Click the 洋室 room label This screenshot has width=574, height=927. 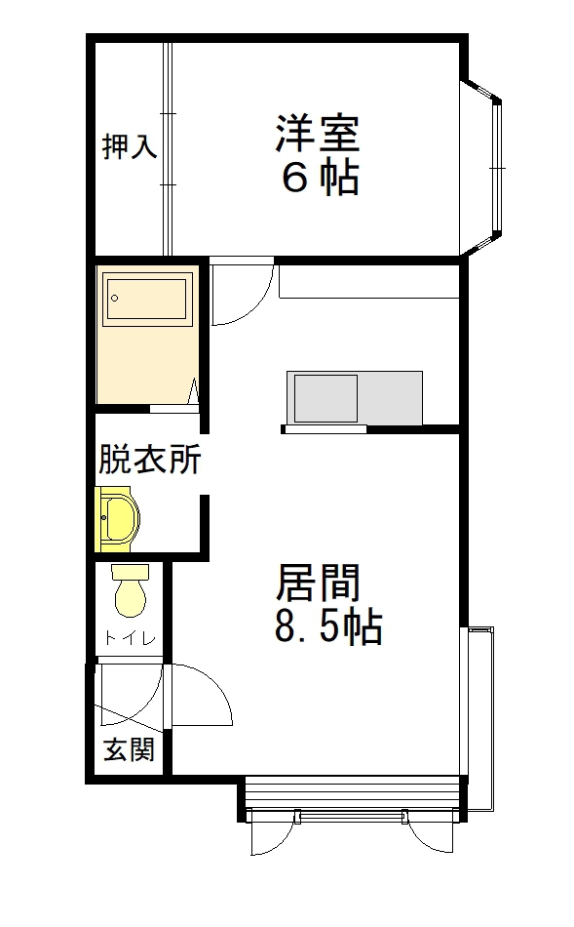click(317, 134)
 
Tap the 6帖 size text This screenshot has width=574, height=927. click(319, 178)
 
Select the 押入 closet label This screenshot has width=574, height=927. click(129, 148)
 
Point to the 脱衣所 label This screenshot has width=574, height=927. click(149, 459)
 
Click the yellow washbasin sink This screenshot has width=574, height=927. click(119, 518)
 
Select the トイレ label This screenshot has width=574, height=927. click(129, 639)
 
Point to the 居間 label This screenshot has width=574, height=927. click(319, 584)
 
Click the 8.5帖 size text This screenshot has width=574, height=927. click(327, 628)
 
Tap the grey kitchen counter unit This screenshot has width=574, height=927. click(355, 398)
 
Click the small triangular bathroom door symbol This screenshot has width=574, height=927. click(193, 393)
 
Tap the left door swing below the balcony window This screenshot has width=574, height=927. click(270, 833)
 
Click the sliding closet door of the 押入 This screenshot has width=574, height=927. click(167, 146)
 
